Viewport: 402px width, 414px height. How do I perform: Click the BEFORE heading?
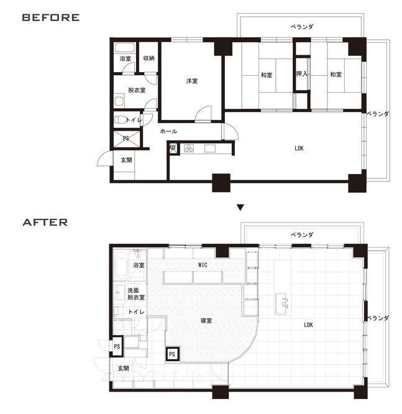(x=51, y=17)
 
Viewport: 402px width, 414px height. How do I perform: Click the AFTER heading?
(x=45, y=223)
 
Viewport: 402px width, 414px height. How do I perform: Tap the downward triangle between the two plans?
(x=240, y=208)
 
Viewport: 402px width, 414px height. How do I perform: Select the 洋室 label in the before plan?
(x=192, y=81)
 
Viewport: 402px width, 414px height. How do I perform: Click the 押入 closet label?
(x=302, y=74)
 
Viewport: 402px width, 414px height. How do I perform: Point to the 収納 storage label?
(x=149, y=58)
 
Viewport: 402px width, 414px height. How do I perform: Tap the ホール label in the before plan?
(x=168, y=131)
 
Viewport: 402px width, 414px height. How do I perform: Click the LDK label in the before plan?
(x=299, y=149)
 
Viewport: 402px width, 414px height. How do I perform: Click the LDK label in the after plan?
(x=308, y=324)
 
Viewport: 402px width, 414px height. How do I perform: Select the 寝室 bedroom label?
(x=206, y=321)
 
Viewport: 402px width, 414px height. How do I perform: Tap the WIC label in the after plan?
(x=203, y=265)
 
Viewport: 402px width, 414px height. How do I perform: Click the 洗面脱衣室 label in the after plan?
(x=136, y=294)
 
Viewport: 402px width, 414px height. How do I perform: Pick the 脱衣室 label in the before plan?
(x=137, y=90)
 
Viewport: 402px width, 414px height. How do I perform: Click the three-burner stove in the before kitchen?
(x=189, y=148)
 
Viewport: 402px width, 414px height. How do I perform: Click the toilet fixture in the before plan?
(x=120, y=119)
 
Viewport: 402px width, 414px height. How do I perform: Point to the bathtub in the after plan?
(x=122, y=265)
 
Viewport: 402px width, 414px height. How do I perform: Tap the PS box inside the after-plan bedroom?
(x=172, y=354)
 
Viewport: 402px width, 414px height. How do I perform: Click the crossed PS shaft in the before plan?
(x=126, y=139)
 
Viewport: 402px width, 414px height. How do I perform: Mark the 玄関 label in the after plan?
(x=123, y=368)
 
